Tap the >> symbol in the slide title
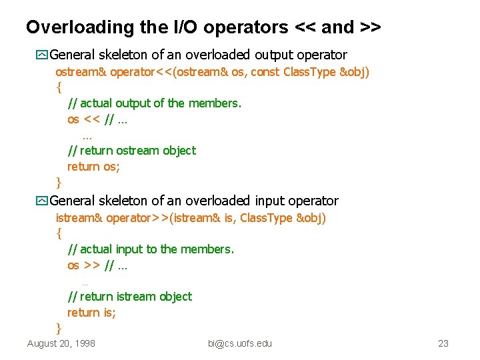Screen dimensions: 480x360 coord(370,27)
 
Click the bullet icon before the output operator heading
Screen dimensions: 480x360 coord(43,55)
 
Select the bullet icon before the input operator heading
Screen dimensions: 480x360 coord(43,201)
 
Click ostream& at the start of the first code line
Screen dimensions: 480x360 coord(81,71)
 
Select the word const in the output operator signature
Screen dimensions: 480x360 coord(265,71)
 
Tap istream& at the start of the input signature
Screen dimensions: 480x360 coord(79,218)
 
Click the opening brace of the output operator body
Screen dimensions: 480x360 coord(59,87)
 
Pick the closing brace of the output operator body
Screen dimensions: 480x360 coord(59,182)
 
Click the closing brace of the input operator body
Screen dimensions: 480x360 coord(59,328)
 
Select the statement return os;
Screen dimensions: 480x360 coord(93,167)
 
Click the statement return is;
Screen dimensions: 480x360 coord(91,313)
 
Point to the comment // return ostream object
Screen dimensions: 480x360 coord(131,151)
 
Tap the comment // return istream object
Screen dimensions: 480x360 coord(129,297)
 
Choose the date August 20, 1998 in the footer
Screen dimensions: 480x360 coord(61,343)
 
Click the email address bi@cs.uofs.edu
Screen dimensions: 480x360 coord(240,343)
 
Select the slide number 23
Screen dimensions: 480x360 coord(443,343)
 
